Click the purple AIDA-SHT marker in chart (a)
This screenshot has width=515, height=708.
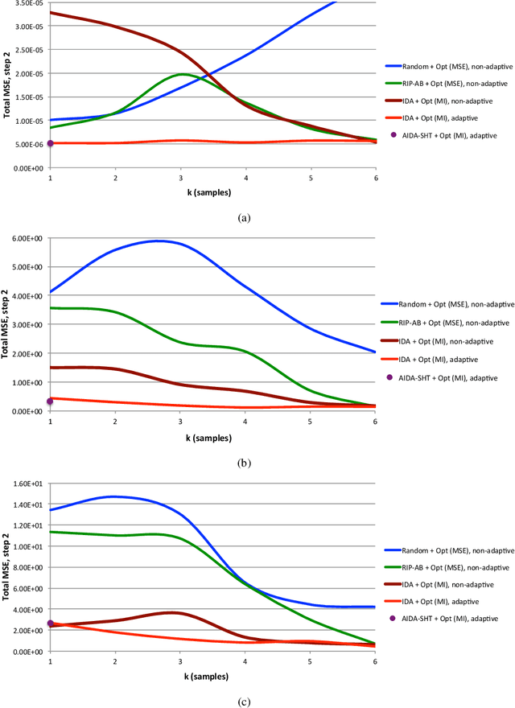50,143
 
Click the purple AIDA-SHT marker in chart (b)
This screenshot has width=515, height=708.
50,401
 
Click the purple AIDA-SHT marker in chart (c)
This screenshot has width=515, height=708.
50,624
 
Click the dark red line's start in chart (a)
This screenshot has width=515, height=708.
51,13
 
